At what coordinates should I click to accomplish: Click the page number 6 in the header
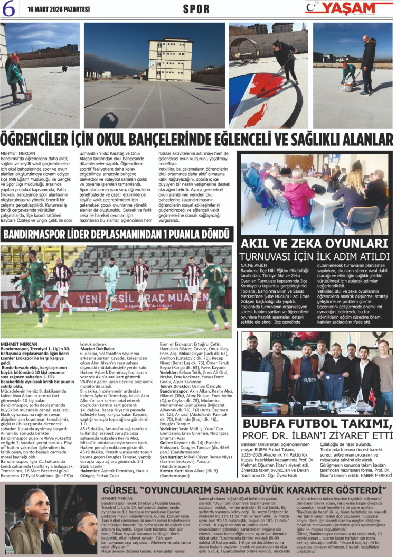click(x=9, y=8)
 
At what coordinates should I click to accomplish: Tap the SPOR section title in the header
click(x=196, y=9)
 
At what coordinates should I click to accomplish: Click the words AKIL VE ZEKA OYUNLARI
click(x=315, y=244)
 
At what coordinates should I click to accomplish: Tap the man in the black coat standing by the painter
click(x=369, y=62)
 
